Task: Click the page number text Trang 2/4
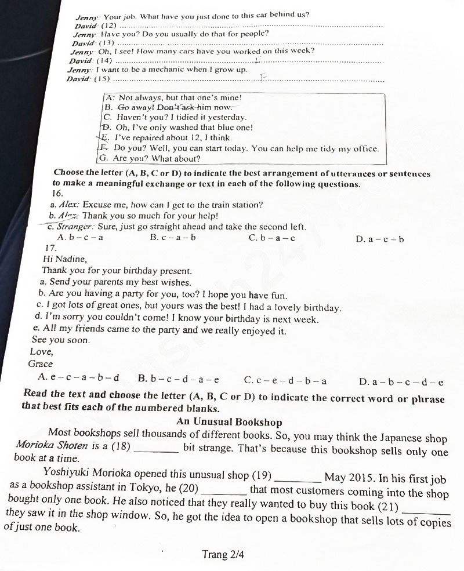(223, 554)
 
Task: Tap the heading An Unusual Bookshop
(229, 422)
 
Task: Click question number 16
(57, 193)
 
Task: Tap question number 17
(50, 248)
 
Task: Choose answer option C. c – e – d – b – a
(285, 380)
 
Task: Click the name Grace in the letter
(40, 364)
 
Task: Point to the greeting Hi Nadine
(65, 259)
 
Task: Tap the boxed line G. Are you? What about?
(150, 158)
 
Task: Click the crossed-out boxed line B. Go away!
(168, 107)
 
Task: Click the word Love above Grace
(41, 351)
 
